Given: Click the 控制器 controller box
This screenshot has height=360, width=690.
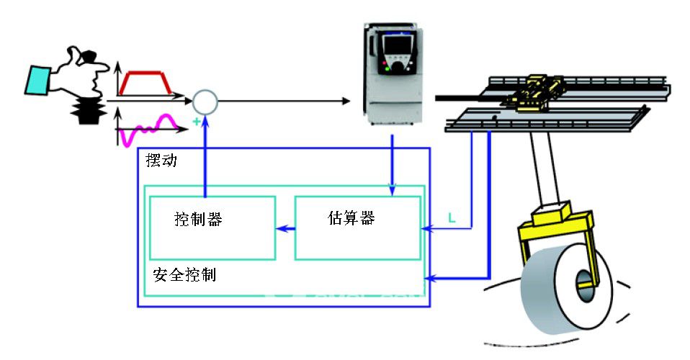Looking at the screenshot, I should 212,228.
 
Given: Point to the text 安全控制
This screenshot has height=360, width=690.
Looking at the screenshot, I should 184,275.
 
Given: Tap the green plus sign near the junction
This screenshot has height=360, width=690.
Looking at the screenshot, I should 196,122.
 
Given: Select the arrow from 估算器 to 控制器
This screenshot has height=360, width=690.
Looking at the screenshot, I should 285,229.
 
